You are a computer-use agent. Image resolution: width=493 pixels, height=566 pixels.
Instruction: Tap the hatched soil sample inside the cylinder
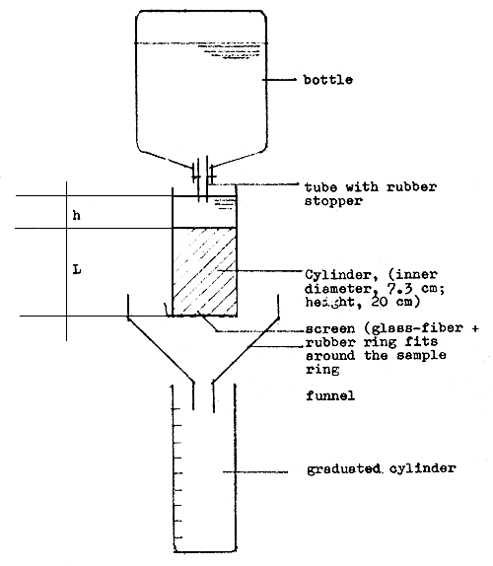pos(205,271)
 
